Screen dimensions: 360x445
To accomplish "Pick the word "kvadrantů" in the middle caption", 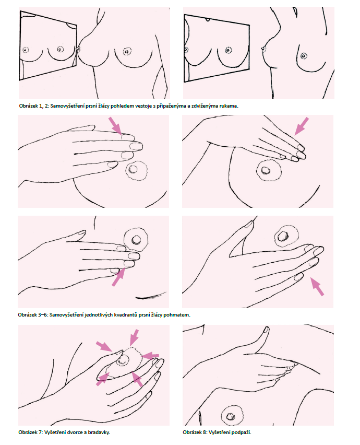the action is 126,315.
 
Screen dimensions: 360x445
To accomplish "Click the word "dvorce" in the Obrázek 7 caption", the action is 75,432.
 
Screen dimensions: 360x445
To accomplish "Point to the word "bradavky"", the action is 100,432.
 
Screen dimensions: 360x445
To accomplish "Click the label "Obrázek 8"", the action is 195,432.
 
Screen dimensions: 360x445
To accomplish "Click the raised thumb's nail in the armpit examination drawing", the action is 266,330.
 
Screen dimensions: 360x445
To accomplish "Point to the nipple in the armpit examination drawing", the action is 230,417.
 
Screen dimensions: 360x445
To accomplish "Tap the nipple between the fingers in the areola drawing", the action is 123,361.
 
